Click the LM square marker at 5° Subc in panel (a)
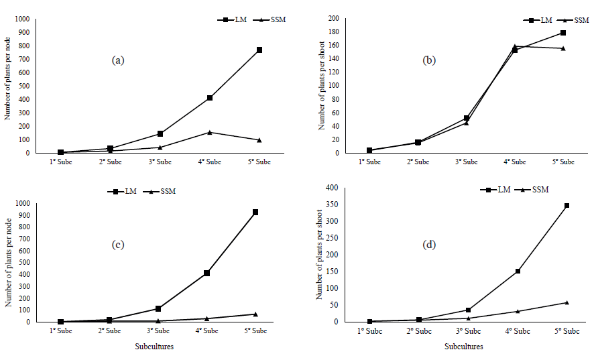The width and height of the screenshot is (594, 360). [259, 50]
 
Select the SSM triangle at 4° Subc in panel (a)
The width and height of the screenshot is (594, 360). [209, 132]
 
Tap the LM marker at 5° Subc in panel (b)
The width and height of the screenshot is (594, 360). [563, 33]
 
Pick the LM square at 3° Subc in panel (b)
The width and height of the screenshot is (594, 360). [466, 118]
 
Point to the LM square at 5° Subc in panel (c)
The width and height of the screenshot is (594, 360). [255, 213]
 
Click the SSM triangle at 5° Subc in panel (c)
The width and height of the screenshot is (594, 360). [255, 314]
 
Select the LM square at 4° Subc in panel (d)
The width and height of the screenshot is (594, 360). [518, 272]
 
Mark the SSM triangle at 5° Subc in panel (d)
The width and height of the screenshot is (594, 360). [567, 302]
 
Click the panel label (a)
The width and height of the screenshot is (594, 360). [118, 60]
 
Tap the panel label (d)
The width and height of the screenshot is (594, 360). [429, 245]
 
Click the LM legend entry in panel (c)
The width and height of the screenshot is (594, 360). [121, 192]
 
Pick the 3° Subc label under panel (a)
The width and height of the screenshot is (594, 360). [160, 162]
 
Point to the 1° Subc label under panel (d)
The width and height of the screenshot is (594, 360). [370, 331]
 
